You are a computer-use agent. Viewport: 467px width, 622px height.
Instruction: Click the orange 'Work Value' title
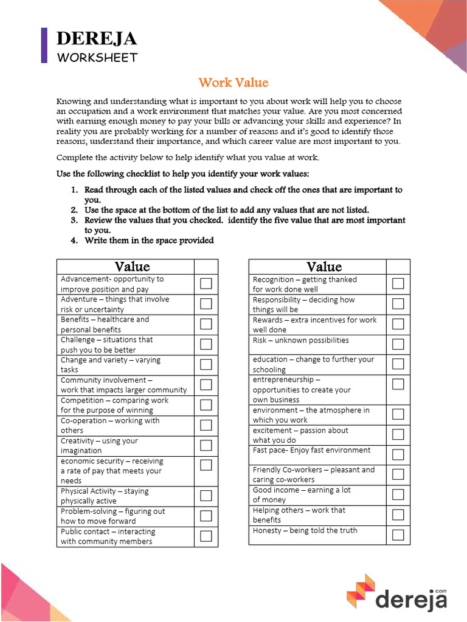coord(233,83)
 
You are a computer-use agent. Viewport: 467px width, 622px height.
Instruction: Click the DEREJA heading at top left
coord(97,39)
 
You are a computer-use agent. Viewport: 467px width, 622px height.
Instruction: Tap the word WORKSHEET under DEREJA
coord(97,58)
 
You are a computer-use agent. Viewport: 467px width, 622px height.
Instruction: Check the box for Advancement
coord(206,284)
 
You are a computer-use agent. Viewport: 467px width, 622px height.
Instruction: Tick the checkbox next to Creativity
coord(206,445)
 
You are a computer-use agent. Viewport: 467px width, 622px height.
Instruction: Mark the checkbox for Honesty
coord(398,535)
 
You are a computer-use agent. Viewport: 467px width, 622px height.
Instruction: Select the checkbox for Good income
coord(398,494)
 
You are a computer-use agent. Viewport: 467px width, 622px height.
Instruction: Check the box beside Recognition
coord(398,284)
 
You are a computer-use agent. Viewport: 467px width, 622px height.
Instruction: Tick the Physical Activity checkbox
coord(206,496)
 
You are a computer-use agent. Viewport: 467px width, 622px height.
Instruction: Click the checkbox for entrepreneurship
coord(398,384)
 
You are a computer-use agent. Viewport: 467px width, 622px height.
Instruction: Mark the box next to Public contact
coord(206,536)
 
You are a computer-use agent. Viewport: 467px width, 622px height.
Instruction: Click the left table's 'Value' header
coord(132,267)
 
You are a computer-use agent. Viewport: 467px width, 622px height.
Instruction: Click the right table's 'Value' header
coord(324,267)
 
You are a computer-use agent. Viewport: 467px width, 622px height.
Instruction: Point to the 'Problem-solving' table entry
coord(112,516)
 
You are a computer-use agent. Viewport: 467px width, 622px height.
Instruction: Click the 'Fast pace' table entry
coord(311,450)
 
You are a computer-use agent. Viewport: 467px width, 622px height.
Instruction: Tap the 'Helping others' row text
coord(299,515)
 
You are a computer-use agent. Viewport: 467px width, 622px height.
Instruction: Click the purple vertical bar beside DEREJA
coord(44,46)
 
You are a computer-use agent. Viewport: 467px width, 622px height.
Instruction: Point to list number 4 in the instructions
coord(74,241)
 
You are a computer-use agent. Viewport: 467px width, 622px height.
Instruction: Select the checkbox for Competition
coord(206,405)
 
